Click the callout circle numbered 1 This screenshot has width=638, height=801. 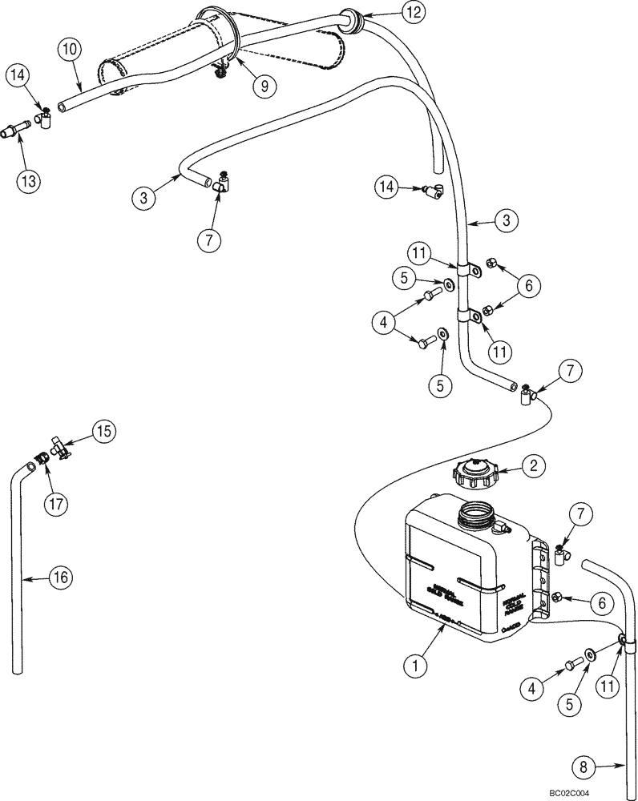(x=416, y=664)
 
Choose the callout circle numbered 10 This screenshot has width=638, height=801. (x=69, y=49)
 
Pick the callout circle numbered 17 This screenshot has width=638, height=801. (x=56, y=504)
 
